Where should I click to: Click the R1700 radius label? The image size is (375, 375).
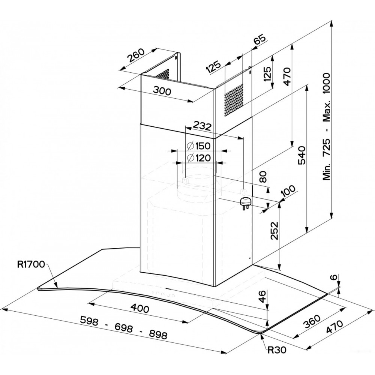pos(31,264)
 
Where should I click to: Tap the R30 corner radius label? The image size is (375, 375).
pos(277,350)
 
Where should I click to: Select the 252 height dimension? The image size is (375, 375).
pos(275,232)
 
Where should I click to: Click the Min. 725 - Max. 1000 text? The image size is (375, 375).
pos(327,127)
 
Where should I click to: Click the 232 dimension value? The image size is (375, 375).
pos(202,127)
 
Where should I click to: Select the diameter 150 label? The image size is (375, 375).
pos(198,146)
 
